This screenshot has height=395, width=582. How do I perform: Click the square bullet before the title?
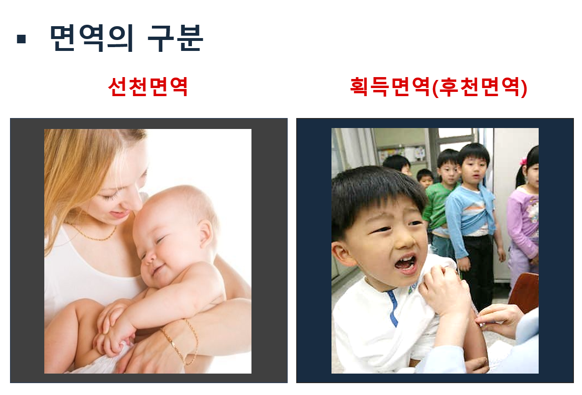(21, 39)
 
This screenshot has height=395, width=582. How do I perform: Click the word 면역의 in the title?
(92, 38)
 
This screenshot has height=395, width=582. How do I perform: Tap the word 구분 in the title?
(175, 38)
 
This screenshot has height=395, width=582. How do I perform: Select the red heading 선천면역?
(148, 87)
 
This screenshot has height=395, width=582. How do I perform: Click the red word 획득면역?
(390, 87)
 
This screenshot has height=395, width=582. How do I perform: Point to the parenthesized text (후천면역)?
(480, 87)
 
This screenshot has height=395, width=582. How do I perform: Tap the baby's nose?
(150, 258)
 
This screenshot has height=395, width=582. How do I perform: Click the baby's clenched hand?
(110, 343)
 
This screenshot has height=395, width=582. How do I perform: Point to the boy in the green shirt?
(440, 203)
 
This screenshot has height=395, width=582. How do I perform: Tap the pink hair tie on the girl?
(523, 161)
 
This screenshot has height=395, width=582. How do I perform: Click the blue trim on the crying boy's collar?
(393, 308)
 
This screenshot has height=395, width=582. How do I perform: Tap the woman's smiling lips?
(118, 214)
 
